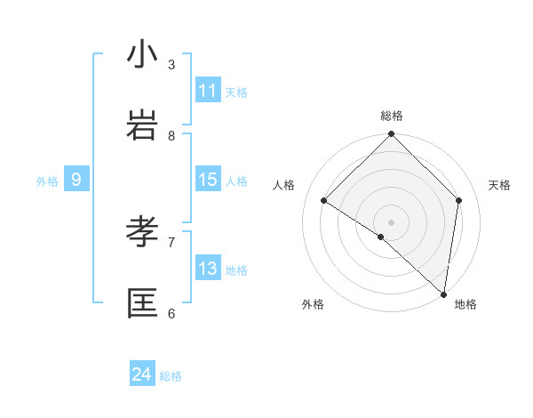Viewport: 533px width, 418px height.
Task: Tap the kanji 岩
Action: pos(143,125)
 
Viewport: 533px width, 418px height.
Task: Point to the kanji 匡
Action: pos(143,303)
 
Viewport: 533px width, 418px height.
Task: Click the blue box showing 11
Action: pos(208,91)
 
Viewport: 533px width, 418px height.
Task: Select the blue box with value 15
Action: pos(208,180)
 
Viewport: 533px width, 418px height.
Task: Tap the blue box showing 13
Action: pos(208,269)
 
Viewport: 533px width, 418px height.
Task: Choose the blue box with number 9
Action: pos(76,180)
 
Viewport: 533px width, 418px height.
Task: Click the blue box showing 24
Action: pos(142,374)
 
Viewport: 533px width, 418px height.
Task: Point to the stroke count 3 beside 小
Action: pos(171,64)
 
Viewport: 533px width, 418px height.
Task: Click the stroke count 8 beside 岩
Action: pos(171,135)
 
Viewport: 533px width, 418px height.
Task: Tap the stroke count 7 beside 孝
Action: pos(171,242)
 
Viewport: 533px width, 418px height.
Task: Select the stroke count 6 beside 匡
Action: pos(171,313)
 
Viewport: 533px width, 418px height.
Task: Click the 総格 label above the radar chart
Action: pos(392,116)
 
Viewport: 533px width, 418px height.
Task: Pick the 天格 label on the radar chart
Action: pos(499,185)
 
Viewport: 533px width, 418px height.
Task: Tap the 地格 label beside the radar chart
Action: pos(465,304)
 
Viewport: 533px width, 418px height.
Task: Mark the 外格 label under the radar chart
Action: pos(313,304)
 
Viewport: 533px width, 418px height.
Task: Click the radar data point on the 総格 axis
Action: pos(392,135)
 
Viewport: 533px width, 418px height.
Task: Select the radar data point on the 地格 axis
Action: pos(443,293)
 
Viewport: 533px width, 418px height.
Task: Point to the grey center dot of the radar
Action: pos(392,221)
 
